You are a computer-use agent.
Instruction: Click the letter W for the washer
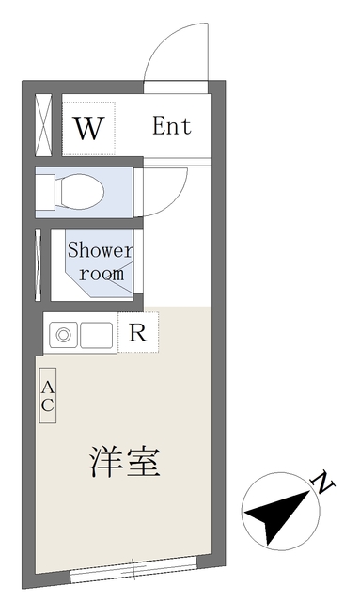click(87, 128)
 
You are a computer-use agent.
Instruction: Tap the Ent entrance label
click(172, 127)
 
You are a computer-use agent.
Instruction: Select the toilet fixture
click(81, 192)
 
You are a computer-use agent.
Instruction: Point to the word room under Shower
click(101, 274)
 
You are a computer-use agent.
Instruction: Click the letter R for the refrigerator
click(138, 332)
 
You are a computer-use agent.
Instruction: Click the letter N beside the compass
click(324, 484)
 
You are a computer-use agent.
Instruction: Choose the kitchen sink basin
click(98, 333)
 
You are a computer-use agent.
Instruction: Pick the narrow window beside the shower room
click(38, 261)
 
